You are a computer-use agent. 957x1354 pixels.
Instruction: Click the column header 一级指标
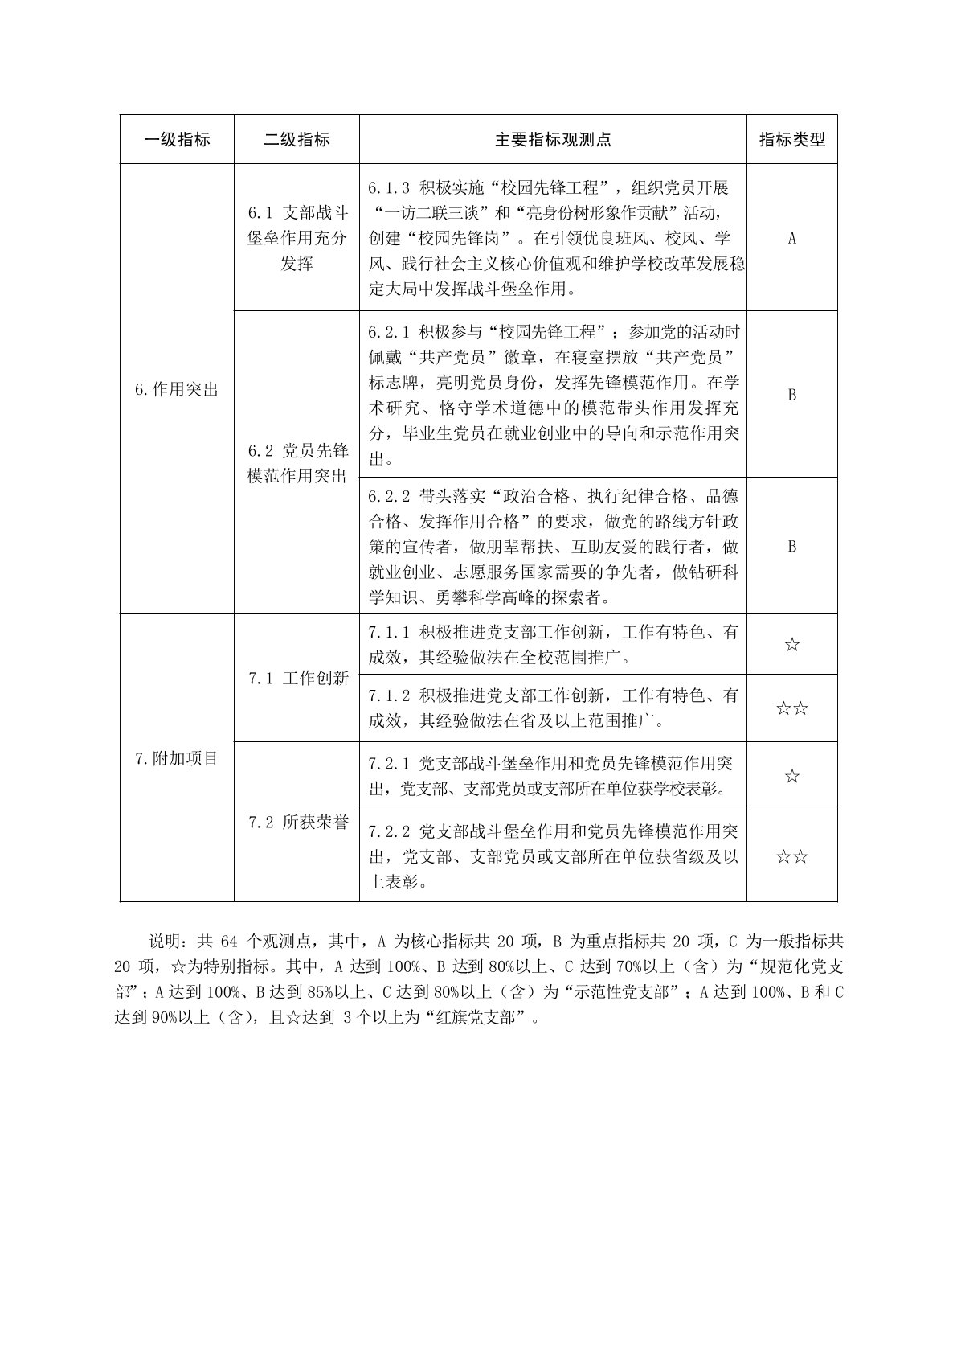click(x=177, y=140)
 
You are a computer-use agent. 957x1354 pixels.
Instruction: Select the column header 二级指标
click(x=297, y=140)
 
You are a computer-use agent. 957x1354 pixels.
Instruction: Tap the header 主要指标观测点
click(x=553, y=140)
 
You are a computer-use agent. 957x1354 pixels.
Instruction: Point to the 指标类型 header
click(x=792, y=140)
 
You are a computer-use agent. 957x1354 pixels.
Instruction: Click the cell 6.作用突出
click(x=177, y=390)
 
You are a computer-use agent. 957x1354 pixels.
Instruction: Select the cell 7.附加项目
click(x=177, y=757)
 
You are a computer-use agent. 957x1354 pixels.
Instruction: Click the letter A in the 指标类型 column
click(x=792, y=238)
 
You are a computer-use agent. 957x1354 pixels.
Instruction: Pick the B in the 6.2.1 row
click(x=792, y=395)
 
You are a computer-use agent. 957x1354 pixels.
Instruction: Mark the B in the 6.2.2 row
click(x=792, y=547)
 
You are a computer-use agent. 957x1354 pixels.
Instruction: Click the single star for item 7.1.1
click(x=792, y=645)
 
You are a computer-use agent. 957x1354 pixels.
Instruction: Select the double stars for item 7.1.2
click(x=792, y=708)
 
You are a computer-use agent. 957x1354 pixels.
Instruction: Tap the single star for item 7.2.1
click(x=792, y=776)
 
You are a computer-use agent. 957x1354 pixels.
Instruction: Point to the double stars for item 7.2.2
click(x=792, y=856)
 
